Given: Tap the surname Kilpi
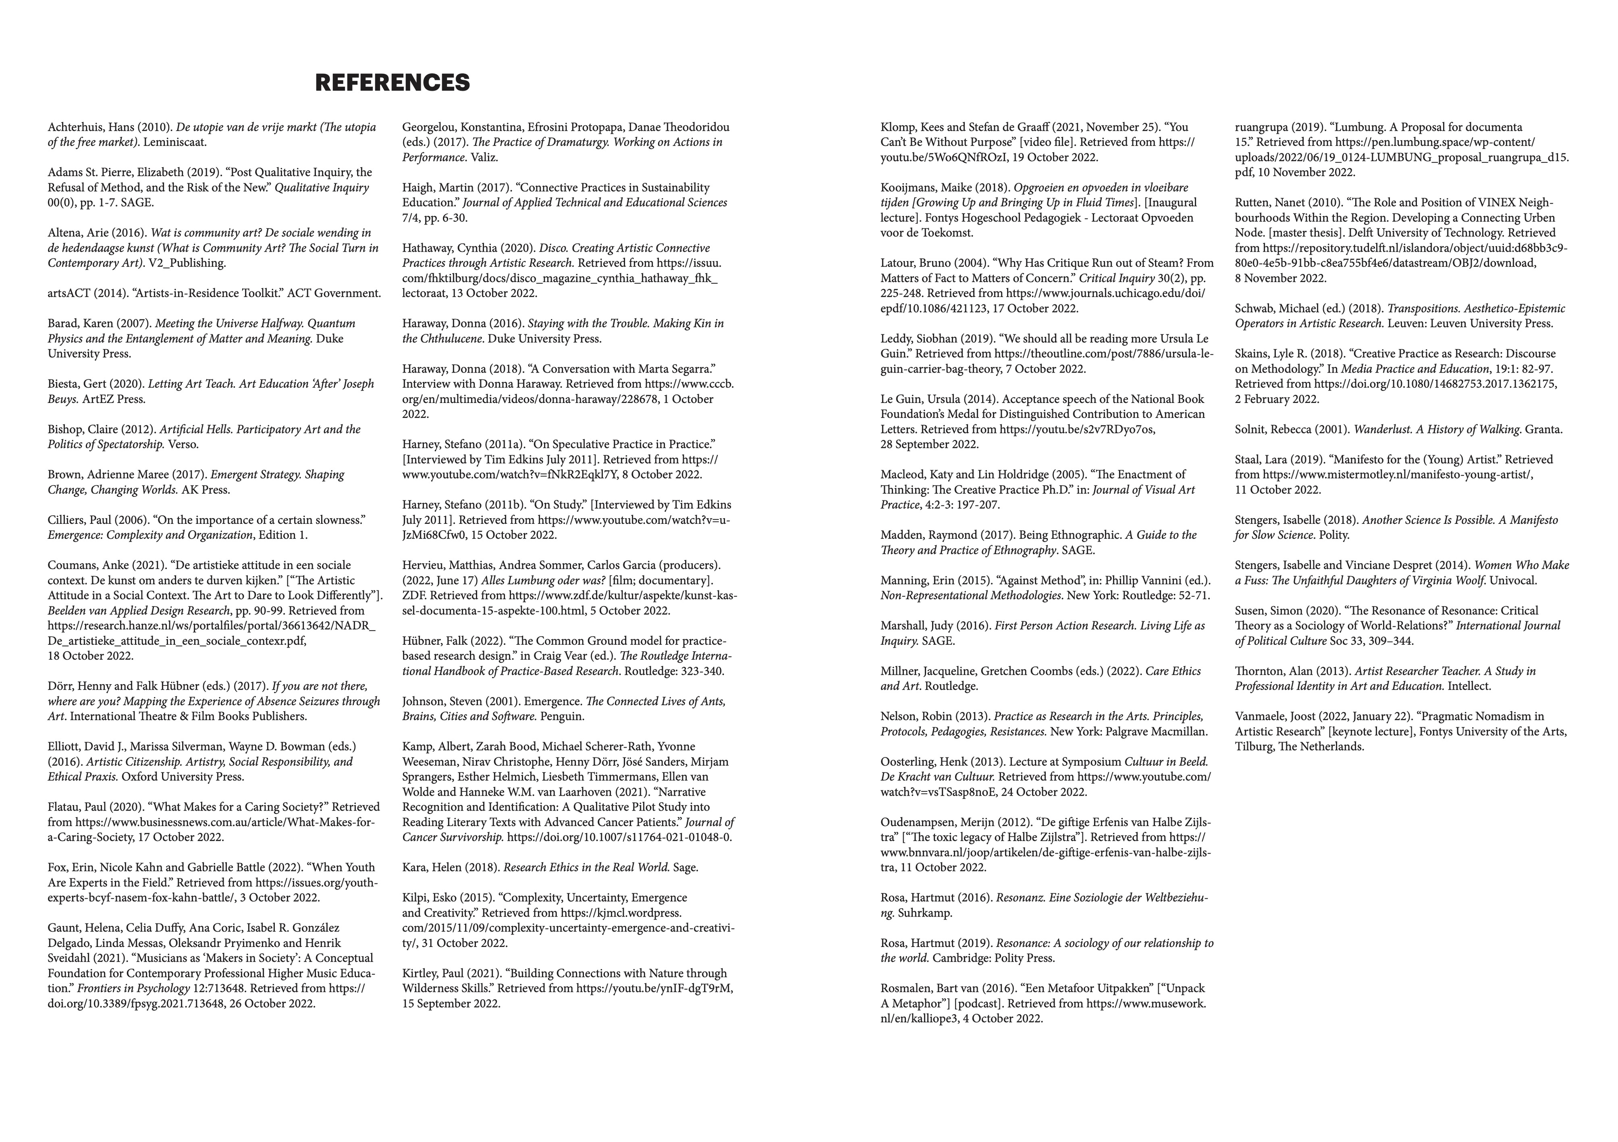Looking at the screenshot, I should click(x=416, y=898).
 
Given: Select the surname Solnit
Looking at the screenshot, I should click(x=1252, y=429).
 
